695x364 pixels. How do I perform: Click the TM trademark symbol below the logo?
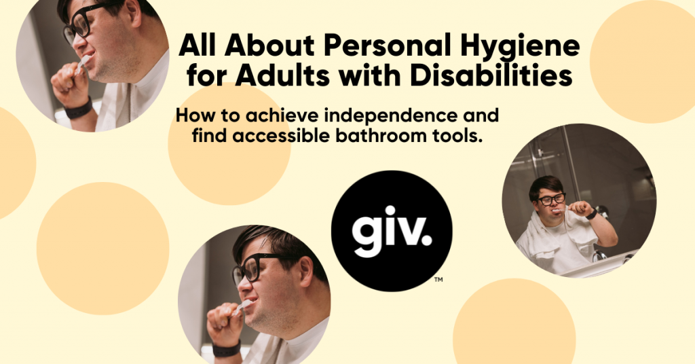[x=438, y=278]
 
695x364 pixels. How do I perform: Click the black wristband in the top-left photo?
[x=79, y=109]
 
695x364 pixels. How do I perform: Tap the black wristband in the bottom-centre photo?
[x=227, y=349]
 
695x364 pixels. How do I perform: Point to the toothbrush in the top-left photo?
[x=82, y=64]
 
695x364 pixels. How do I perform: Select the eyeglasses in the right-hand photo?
[x=552, y=199]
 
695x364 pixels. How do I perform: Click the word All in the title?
[x=198, y=46]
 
